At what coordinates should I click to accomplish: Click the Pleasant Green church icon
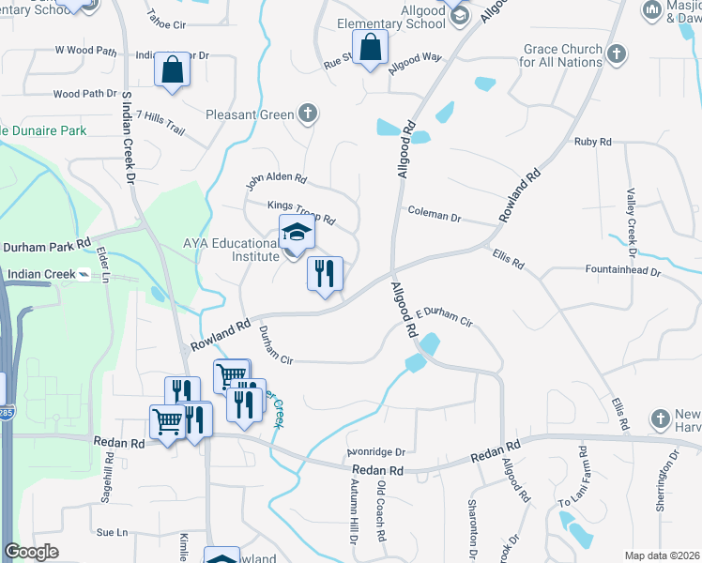tap(306, 114)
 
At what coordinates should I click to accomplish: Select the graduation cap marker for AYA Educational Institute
tap(297, 232)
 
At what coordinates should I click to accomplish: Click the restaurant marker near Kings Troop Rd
tap(325, 273)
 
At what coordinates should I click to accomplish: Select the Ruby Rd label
tap(592, 142)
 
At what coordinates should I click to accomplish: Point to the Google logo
tap(32, 552)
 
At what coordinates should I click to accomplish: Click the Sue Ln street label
tap(111, 532)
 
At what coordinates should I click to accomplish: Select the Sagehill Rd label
tap(109, 475)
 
